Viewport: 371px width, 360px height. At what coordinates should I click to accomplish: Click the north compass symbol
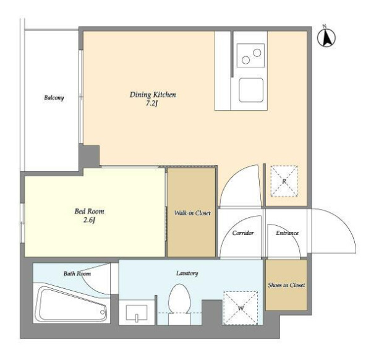(326, 37)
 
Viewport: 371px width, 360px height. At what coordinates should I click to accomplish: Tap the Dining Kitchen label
(153, 95)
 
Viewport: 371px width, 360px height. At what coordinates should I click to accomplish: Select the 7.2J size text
(151, 103)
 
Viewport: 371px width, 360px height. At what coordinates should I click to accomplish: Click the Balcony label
(54, 98)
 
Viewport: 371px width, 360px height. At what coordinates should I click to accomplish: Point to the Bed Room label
(89, 211)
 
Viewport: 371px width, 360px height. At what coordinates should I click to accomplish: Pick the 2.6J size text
(89, 220)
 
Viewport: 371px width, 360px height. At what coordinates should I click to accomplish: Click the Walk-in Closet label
(192, 213)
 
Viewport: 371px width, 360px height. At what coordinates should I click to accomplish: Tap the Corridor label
(243, 233)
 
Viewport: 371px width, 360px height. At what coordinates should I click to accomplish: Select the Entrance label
(287, 233)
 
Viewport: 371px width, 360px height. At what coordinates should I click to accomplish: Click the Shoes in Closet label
(286, 285)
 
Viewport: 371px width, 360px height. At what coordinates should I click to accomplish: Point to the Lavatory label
(187, 273)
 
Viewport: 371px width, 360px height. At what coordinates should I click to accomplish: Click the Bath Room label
(77, 274)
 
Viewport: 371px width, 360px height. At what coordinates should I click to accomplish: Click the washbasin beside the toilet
(137, 312)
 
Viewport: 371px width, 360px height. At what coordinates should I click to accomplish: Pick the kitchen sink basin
(251, 90)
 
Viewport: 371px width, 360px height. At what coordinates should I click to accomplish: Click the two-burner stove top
(250, 56)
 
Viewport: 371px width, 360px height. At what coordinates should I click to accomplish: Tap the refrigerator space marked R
(284, 181)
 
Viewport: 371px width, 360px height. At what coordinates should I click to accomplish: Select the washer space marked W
(241, 308)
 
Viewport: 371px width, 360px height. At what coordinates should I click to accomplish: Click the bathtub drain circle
(102, 312)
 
